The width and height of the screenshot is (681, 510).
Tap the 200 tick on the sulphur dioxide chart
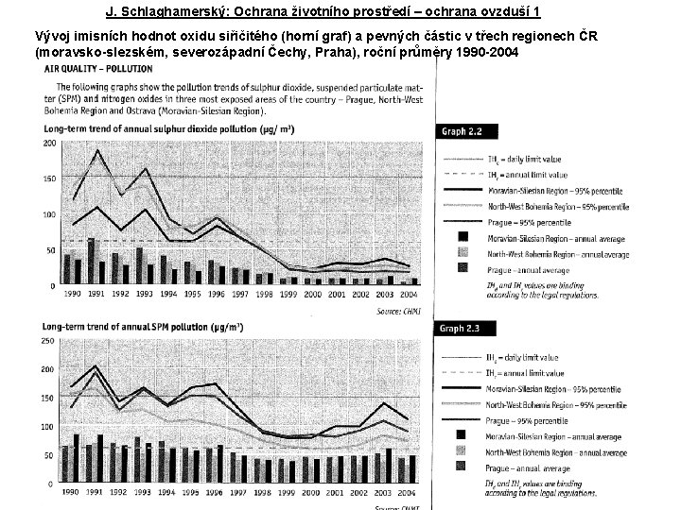49,143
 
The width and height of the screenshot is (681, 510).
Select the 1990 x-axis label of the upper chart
71,294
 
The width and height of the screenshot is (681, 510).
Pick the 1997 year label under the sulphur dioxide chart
240,294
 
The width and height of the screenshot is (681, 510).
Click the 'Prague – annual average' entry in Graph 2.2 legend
530,268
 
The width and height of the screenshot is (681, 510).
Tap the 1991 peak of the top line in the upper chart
96,151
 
